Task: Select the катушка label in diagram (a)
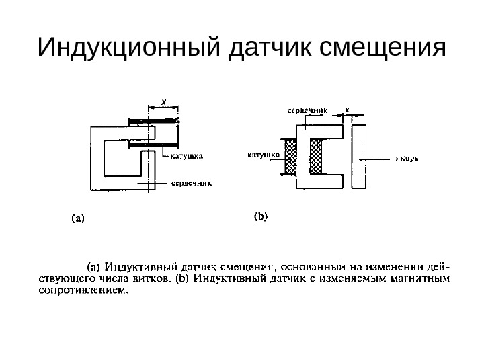pos(186,155)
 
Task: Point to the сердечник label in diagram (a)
pos(191,182)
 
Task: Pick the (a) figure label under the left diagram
pos(78,218)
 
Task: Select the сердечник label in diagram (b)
pos(308,108)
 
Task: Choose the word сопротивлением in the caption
pos(80,291)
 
